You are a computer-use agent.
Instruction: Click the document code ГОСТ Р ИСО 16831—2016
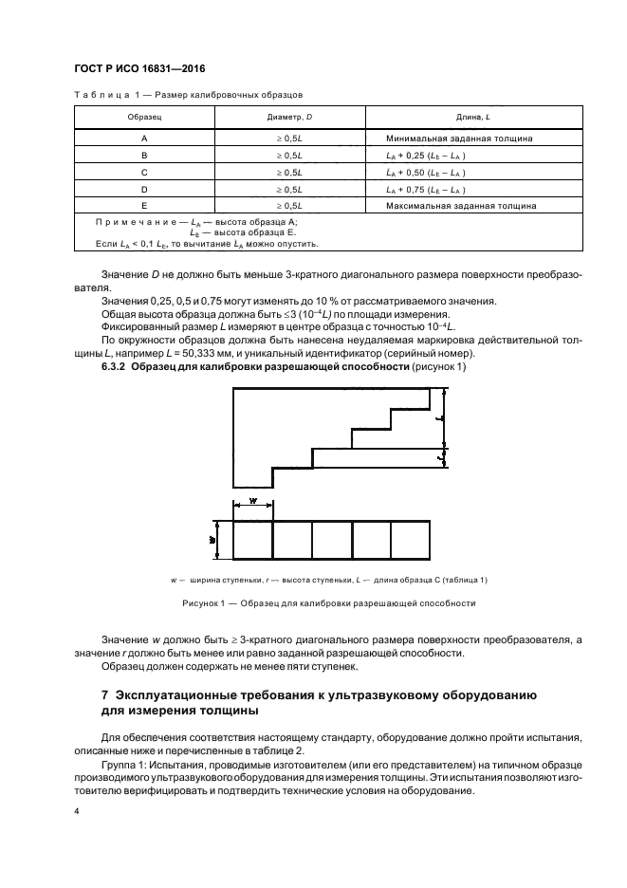(139, 70)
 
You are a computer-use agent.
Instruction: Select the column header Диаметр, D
(288, 116)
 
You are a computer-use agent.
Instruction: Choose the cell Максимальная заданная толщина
(461, 204)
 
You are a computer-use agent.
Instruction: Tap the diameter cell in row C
(288, 172)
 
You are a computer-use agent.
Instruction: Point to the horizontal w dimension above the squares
(252, 504)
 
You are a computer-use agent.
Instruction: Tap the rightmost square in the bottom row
(411, 540)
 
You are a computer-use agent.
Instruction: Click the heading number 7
(105, 695)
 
